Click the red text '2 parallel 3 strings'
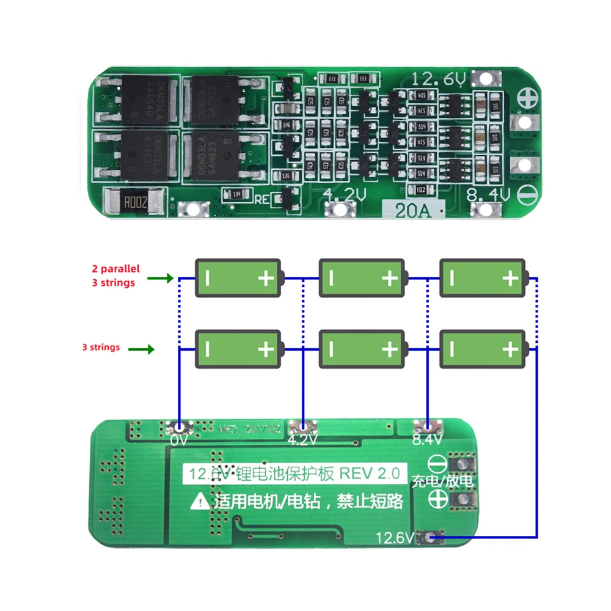pos(116,275)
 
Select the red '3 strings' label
pos(101,347)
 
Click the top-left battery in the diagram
pos(239,278)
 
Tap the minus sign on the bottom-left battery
pos(208,349)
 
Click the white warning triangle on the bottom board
pos(199,502)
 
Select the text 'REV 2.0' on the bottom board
pos(370,473)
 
